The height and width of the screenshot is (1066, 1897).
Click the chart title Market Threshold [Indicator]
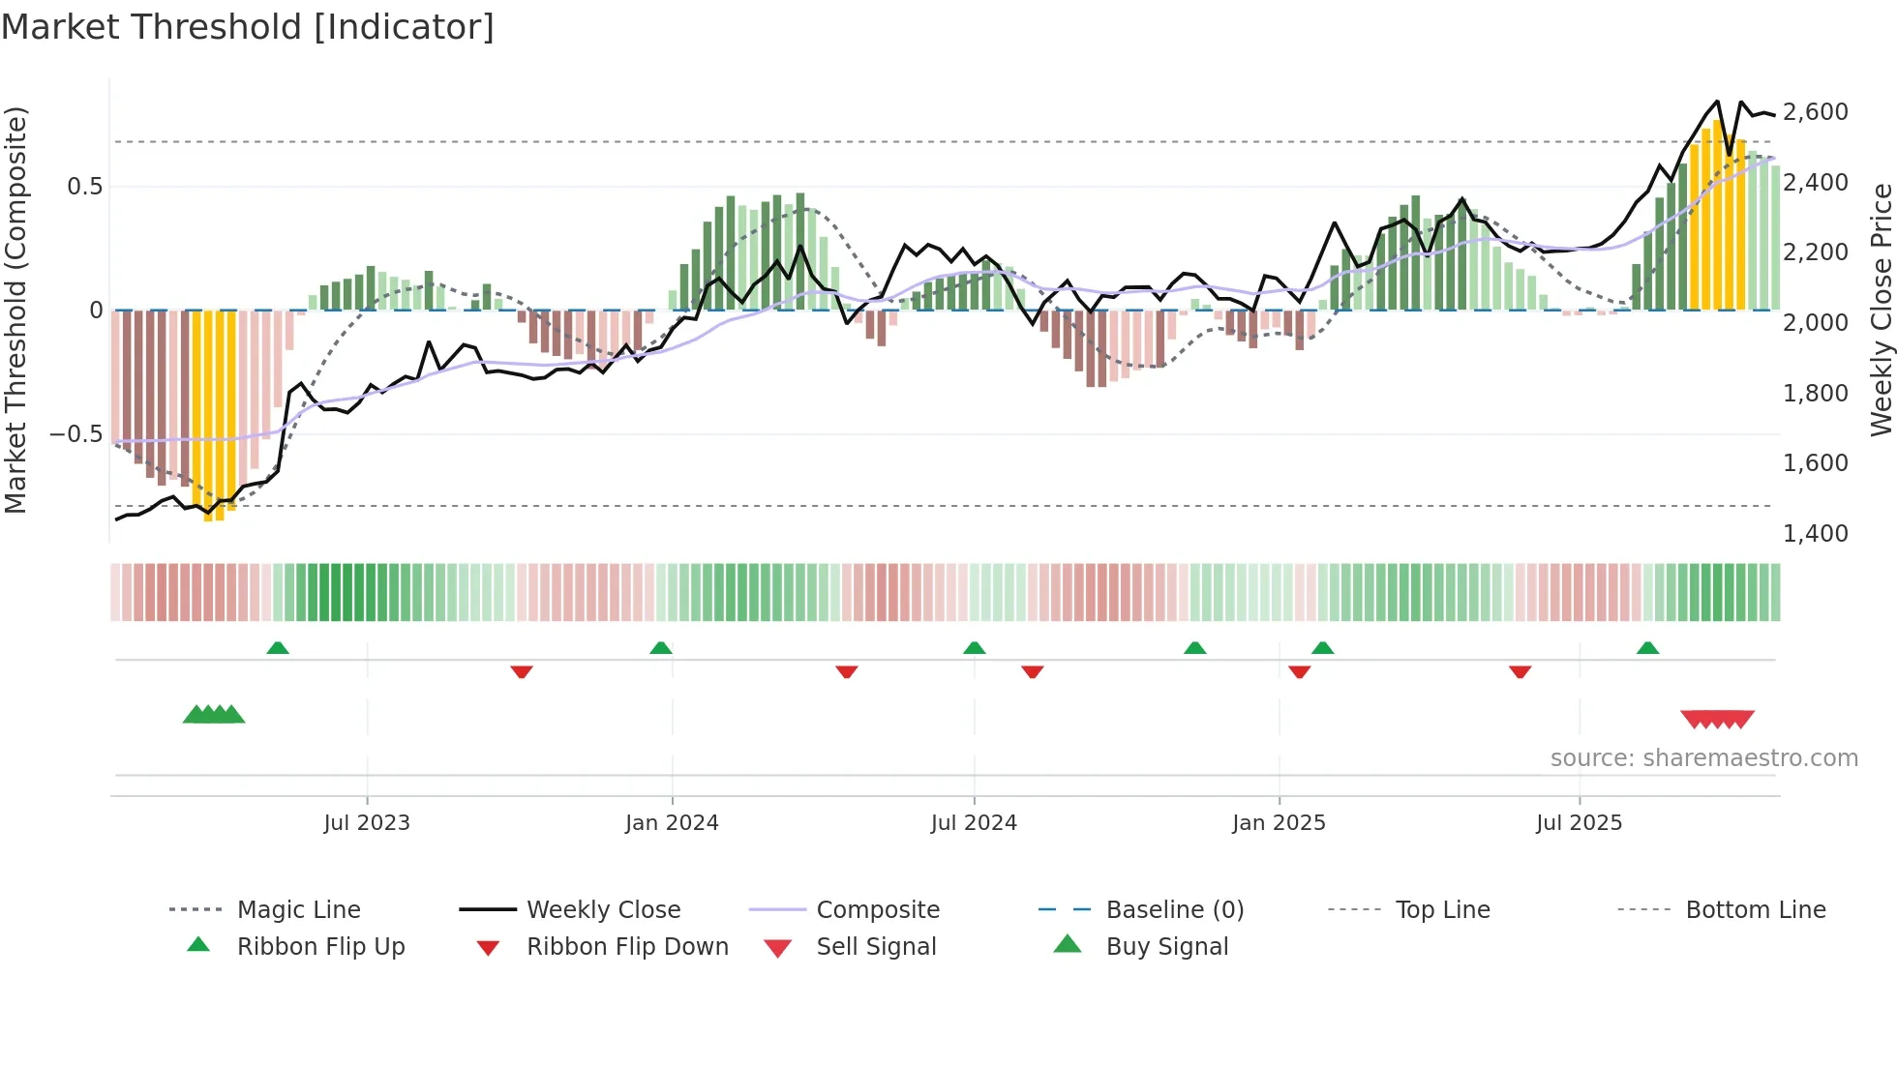[x=248, y=27]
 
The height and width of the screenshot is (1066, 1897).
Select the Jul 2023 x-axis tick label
[x=367, y=823]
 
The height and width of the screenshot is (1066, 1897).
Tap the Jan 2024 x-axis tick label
[x=672, y=823]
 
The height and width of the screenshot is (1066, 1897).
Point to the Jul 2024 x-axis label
[x=974, y=823]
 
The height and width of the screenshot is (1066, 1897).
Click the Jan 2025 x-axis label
[x=1279, y=823]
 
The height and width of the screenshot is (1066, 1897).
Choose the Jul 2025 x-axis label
[x=1579, y=823]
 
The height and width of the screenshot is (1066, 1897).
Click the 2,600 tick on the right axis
[x=1816, y=112]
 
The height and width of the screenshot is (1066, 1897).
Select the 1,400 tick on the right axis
[x=1816, y=534]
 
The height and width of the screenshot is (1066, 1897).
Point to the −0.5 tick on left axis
[x=76, y=434]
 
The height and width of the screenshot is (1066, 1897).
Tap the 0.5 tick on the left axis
[x=85, y=187]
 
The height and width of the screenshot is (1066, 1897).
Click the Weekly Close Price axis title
[x=1881, y=310]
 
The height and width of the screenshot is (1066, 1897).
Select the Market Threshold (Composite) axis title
[x=15, y=310]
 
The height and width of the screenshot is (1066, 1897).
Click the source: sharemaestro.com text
[x=1703, y=758]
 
